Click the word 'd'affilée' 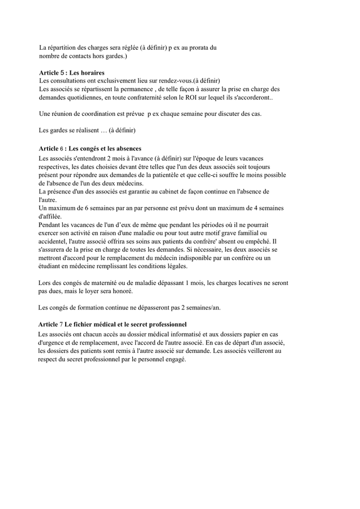[52, 216]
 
